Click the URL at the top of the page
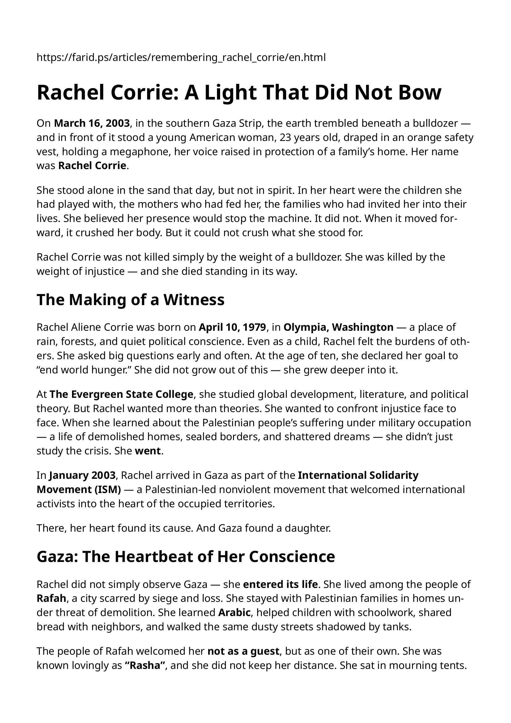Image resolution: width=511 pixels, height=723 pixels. coord(181,57)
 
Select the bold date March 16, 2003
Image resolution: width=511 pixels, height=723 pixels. coord(92,123)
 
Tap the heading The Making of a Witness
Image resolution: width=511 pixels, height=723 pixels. coord(130,300)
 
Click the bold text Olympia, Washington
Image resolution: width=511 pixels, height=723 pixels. coord(338,327)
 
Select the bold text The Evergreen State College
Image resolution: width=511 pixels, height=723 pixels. coord(121,394)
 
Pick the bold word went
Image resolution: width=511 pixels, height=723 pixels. coord(148,451)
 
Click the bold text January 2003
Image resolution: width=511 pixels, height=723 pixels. coord(83,475)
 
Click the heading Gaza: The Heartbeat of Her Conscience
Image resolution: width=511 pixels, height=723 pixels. coord(186,556)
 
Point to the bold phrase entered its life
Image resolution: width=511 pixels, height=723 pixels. coord(280,585)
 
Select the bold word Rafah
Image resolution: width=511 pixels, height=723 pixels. coord(51,599)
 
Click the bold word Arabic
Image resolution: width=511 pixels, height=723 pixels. coord(235,612)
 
